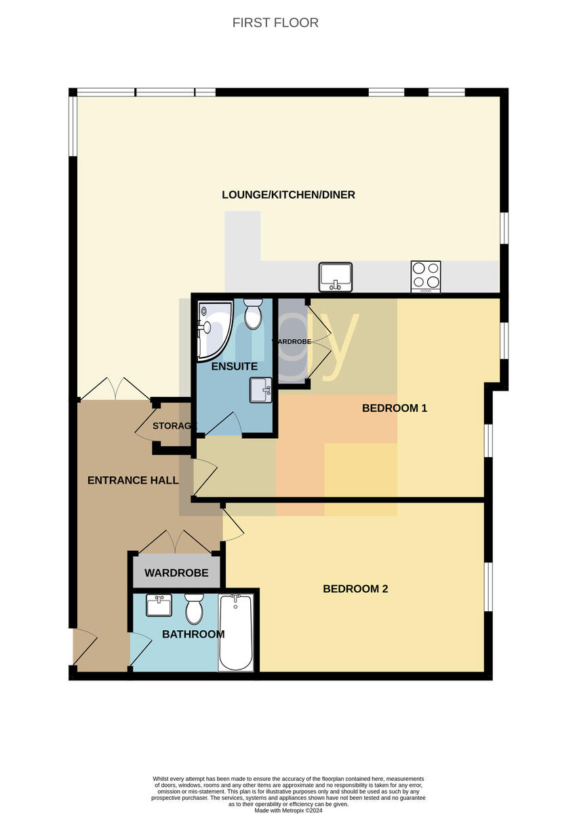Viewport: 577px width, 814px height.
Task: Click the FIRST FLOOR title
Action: (x=275, y=23)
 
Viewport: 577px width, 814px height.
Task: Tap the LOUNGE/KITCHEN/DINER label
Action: (x=288, y=195)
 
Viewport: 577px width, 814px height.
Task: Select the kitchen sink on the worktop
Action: (x=335, y=277)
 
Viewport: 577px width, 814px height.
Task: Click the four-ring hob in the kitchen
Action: (x=426, y=277)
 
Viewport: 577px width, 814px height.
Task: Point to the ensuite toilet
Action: (x=253, y=314)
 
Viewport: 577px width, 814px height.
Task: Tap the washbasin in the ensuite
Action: (x=261, y=390)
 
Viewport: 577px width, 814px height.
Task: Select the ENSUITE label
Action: (x=235, y=366)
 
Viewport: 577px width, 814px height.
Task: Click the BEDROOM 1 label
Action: (x=395, y=408)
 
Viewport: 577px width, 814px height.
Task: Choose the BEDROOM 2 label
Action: (x=355, y=589)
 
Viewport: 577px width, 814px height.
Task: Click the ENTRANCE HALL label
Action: (x=133, y=480)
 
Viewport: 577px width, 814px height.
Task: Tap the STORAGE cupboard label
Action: (x=175, y=425)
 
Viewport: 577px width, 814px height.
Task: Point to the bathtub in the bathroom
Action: (x=236, y=632)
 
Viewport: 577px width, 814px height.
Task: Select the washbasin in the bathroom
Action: (x=159, y=605)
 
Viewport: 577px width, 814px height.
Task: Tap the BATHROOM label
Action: (x=193, y=634)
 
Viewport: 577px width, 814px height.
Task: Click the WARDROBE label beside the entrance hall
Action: (x=176, y=573)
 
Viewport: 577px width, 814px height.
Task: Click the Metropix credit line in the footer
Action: (x=288, y=811)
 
